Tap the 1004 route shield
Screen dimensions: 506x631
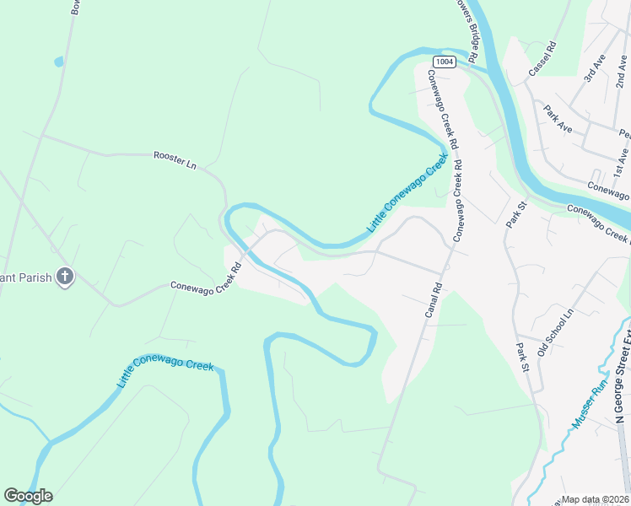(x=444, y=62)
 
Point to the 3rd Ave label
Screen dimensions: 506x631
(x=594, y=68)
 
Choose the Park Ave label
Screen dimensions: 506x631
(x=558, y=119)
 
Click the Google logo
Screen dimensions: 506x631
(x=28, y=496)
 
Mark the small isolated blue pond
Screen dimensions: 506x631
(x=57, y=62)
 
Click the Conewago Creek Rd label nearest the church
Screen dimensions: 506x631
(x=207, y=277)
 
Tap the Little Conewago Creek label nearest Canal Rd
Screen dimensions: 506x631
(x=406, y=195)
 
